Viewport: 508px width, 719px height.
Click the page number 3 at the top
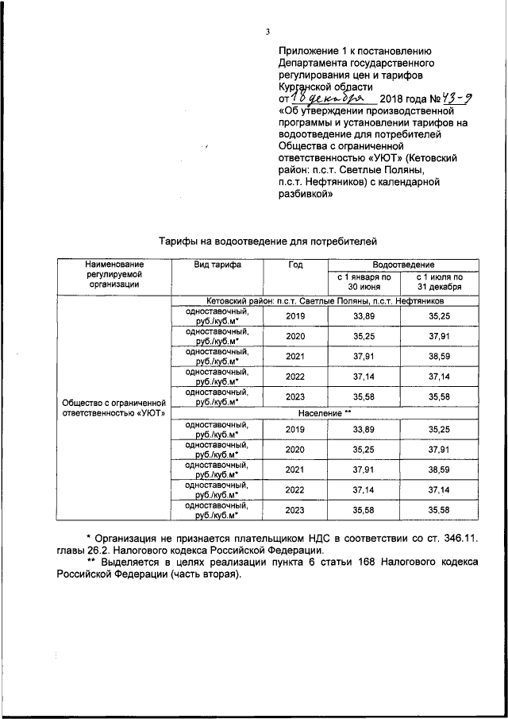268,32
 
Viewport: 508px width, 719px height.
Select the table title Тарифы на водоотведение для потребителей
265,240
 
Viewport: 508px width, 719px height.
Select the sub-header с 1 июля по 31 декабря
439,282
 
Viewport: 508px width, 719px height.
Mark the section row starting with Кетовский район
325,301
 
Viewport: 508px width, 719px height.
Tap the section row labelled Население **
325,414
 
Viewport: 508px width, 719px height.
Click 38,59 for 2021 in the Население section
439,470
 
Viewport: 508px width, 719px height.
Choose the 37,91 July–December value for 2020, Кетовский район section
439,336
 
